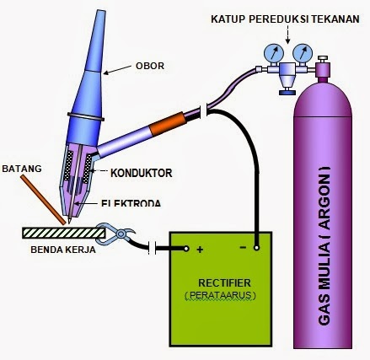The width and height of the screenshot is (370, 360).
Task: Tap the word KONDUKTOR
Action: click(x=142, y=173)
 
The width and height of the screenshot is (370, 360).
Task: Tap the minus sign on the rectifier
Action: click(x=243, y=247)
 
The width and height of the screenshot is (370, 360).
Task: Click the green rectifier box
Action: click(x=221, y=312)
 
